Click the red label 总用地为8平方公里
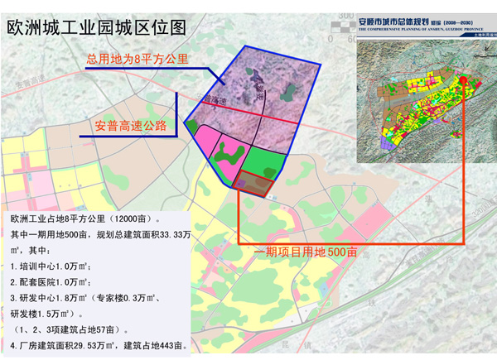coord(138,60)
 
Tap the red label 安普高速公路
coord(131,126)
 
